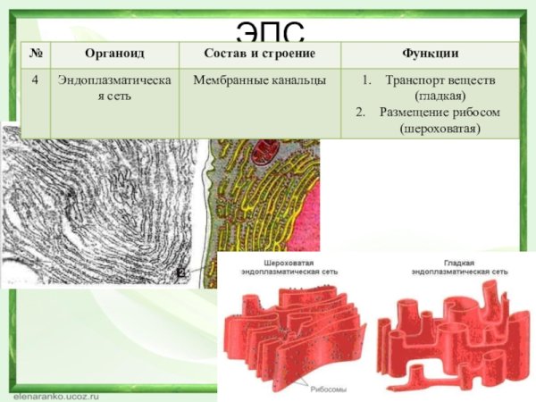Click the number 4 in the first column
(x=35, y=80)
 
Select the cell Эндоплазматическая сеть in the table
(x=115, y=88)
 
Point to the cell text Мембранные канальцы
(x=259, y=80)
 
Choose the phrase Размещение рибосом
(x=439, y=113)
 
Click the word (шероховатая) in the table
(x=440, y=129)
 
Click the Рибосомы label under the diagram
(x=328, y=389)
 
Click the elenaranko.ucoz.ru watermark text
(x=55, y=392)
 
